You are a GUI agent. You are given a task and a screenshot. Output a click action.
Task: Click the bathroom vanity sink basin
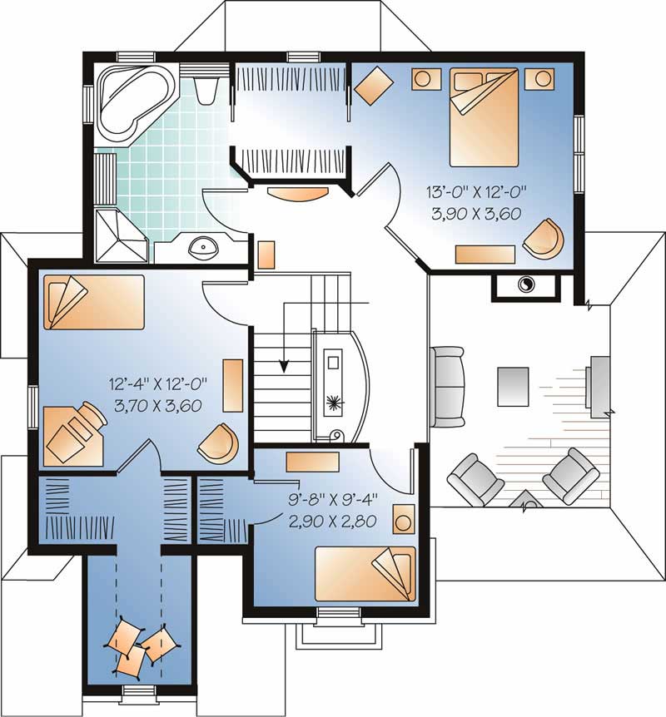coord(202,246)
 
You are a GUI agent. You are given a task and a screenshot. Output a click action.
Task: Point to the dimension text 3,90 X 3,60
coord(475,213)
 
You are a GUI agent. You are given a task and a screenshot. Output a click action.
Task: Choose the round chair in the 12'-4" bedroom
coord(218,443)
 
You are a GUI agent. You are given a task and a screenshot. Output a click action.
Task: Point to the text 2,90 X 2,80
coord(332,522)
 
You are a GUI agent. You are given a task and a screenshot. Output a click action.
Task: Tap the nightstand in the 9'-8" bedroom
coord(404,521)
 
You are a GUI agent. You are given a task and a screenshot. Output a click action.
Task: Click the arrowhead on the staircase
coord(284,363)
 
